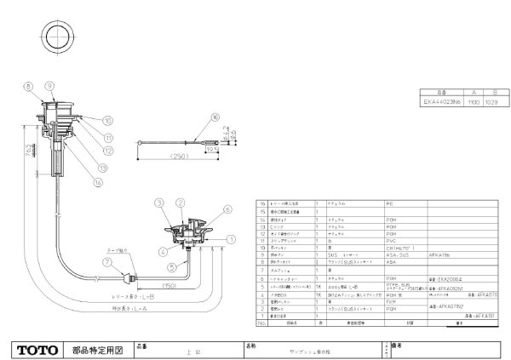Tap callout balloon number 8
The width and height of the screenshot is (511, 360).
pyautogui.click(x=27, y=85)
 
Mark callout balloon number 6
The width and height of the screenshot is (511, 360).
pyautogui.click(x=227, y=209)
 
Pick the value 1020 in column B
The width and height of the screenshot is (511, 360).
pyautogui.click(x=491, y=101)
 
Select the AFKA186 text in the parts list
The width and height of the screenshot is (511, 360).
pyautogui.click(x=430, y=253)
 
